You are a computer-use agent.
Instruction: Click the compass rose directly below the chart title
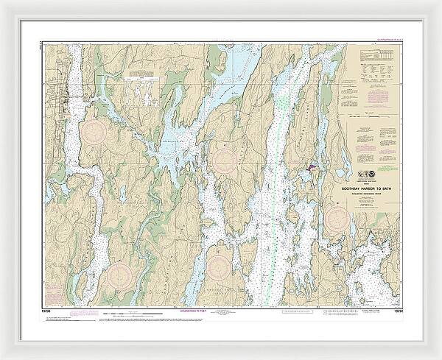[337, 216]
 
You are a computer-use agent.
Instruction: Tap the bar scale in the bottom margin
[133, 293]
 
